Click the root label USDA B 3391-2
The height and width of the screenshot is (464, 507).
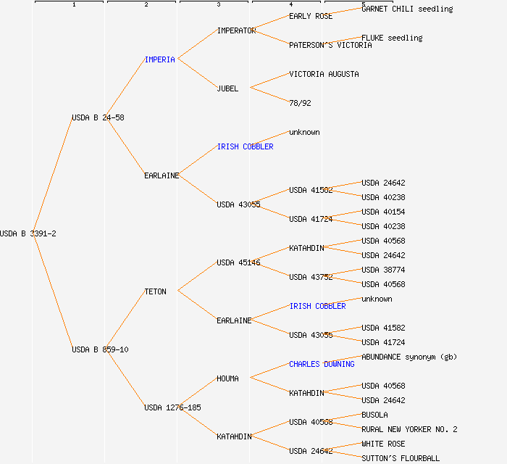click(28, 233)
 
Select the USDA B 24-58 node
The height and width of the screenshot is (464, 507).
click(98, 117)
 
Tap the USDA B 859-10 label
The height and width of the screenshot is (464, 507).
click(100, 349)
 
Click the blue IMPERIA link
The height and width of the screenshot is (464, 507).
click(160, 59)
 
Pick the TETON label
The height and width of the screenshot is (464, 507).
click(155, 291)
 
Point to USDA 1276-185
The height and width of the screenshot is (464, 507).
click(172, 407)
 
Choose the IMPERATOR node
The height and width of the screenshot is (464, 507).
click(236, 30)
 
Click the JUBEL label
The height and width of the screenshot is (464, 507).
click(227, 88)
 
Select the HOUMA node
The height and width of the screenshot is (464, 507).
click(227, 378)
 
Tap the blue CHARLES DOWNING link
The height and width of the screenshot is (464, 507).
click(322, 364)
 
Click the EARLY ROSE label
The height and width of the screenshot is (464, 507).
click(311, 16)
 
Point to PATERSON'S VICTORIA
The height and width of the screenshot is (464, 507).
click(330, 45)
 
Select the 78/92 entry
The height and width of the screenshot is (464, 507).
click(300, 103)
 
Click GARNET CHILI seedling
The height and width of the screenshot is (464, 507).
click(407, 9)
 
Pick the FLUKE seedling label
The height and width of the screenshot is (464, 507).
click(392, 38)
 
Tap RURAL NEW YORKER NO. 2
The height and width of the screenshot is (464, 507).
click(409, 429)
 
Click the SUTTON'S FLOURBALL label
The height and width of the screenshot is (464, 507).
click(401, 458)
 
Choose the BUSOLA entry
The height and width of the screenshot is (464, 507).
click(374, 415)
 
